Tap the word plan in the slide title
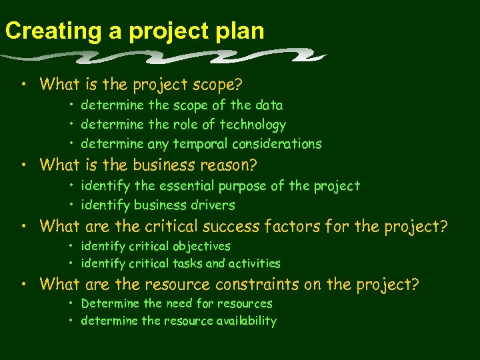(x=238, y=31)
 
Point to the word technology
(x=253, y=125)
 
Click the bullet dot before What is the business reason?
(x=24, y=165)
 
